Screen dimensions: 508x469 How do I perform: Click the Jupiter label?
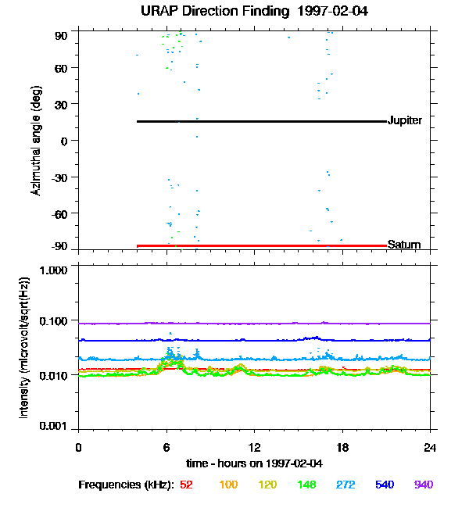[405, 120]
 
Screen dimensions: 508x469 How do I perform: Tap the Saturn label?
[404, 245]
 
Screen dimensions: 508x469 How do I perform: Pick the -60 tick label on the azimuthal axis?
[59, 213]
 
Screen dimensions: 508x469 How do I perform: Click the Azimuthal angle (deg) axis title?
[36, 141]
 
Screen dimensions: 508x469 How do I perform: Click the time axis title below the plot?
[254, 463]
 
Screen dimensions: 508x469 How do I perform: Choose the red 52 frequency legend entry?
[186, 485]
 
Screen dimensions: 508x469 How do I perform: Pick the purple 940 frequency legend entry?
[423, 485]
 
